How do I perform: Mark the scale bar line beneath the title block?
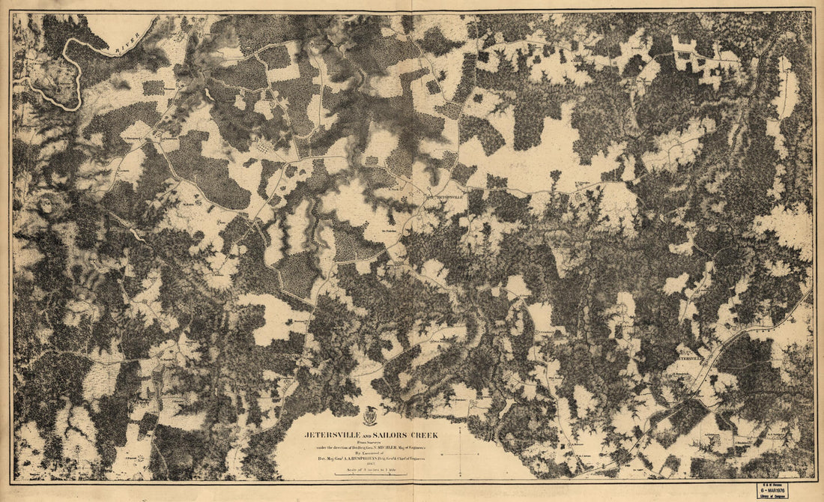point(370,474)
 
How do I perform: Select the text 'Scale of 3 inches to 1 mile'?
point(370,470)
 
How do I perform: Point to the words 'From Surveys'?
point(370,443)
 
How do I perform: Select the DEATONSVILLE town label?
point(441,197)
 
